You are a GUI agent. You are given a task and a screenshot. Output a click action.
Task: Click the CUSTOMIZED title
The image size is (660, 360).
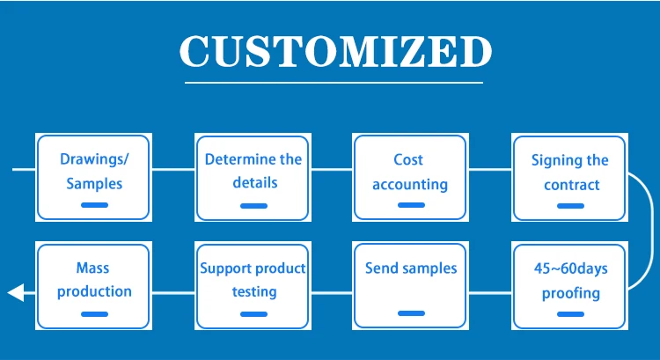(335, 51)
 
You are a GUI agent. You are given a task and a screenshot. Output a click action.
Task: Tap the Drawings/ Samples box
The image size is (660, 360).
(93, 177)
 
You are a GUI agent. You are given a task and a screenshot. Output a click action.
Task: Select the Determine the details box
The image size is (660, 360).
(253, 177)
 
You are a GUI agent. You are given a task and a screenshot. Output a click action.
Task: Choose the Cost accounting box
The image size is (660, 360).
(410, 177)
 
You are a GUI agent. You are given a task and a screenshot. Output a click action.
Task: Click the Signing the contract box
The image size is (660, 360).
(570, 177)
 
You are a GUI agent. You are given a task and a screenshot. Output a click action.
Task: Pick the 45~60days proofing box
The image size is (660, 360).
(570, 285)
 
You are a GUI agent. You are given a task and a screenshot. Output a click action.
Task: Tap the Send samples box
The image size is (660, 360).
(410, 285)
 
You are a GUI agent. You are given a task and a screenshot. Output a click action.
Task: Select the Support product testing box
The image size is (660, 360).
(253, 285)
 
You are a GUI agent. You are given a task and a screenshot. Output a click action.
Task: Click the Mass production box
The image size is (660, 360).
(93, 285)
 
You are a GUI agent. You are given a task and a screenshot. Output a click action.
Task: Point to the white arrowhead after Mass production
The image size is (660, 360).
(16, 292)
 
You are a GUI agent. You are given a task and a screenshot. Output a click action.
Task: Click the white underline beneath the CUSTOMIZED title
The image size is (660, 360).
(334, 83)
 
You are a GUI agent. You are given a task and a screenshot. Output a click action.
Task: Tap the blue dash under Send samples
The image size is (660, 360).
(411, 313)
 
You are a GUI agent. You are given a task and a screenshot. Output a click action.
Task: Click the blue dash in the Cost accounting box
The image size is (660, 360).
(411, 205)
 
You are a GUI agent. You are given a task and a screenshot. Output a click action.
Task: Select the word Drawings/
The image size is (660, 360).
(95, 159)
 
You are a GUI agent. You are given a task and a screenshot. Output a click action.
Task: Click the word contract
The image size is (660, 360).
(572, 185)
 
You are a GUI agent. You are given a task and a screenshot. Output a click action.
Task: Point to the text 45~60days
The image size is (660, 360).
(571, 268)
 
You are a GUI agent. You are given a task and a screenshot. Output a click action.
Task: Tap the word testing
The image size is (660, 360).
(254, 292)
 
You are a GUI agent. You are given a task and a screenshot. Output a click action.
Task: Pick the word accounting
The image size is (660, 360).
(410, 185)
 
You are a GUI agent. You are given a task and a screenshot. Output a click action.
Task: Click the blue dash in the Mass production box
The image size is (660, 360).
(94, 314)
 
